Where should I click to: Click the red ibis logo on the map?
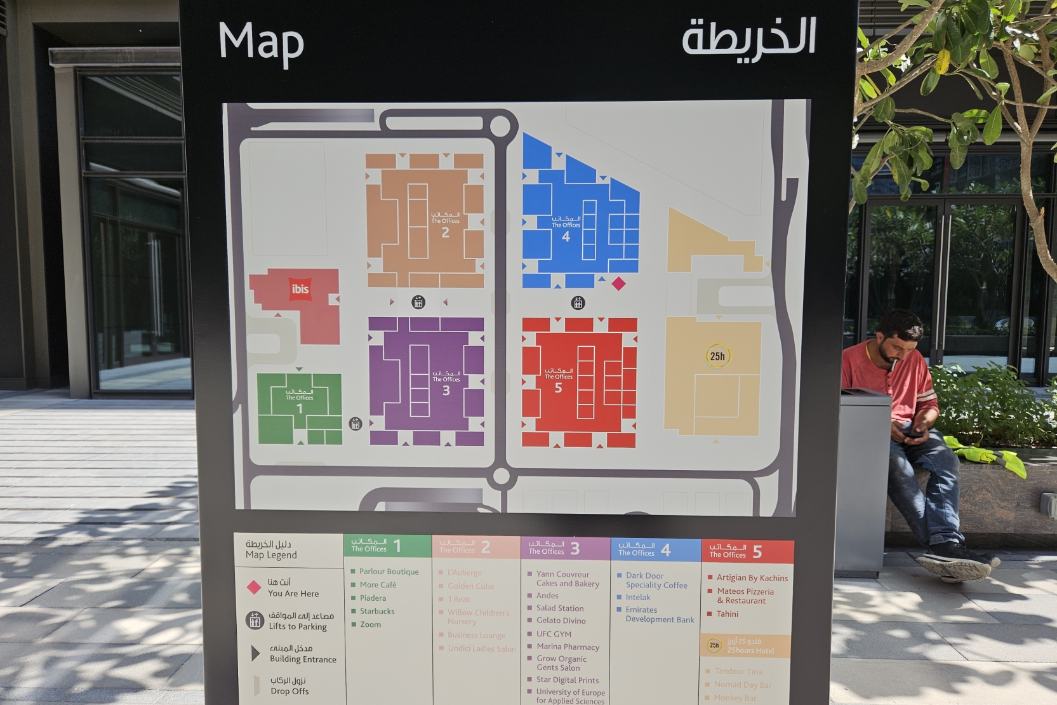click(300, 290)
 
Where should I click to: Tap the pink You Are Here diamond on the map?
click(618, 284)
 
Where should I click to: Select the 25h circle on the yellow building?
click(717, 356)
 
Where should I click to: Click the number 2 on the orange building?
click(445, 233)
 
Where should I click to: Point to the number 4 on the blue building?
click(566, 237)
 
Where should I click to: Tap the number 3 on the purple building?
click(446, 391)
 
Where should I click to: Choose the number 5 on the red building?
click(558, 388)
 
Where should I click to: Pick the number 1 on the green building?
click(300, 409)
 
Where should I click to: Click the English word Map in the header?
click(261, 43)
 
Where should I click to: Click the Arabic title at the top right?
click(748, 38)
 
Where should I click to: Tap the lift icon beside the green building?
click(356, 424)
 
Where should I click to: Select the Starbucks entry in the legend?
click(377, 612)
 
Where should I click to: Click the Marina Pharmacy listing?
click(568, 647)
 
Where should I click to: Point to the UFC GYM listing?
click(554, 634)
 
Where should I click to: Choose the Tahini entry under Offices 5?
click(728, 614)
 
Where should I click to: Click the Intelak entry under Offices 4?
click(638, 598)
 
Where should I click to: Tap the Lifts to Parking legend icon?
click(255, 620)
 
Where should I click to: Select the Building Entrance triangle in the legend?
click(255, 653)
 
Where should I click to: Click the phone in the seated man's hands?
click(914, 434)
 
